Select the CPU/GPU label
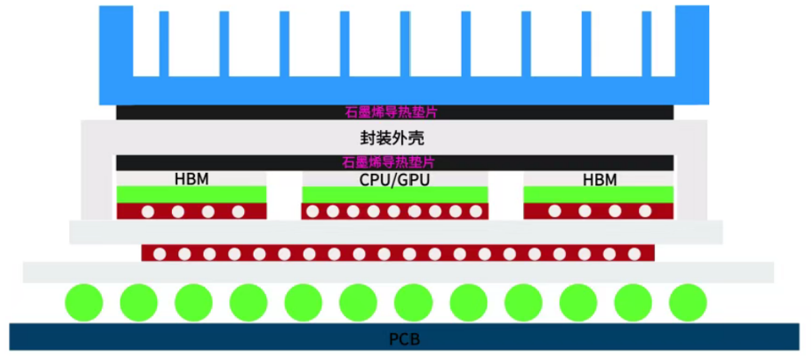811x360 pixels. (394, 180)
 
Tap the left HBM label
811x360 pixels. (191, 180)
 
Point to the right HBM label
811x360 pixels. (599, 180)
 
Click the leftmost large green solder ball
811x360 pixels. (83, 303)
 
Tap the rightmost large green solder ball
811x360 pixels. (687, 303)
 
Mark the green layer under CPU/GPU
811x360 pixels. (394, 194)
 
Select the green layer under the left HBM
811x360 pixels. (191, 194)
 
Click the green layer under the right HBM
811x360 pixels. (599, 194)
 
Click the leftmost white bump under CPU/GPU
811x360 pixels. (312, 212)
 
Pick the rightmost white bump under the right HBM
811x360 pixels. (645, 212)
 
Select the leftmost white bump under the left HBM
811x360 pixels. (147, 212)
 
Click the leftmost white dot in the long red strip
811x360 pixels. (159, 254)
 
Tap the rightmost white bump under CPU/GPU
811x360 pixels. (476, 212)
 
